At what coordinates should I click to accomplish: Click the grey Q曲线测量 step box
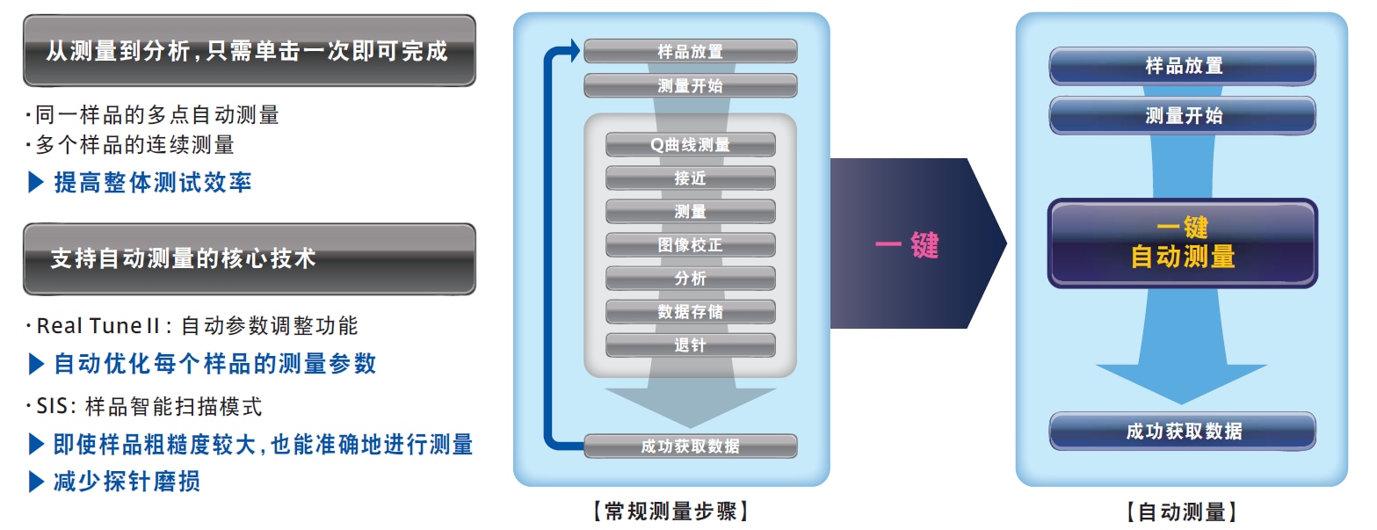click(690, 145)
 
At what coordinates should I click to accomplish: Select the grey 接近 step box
click(690, 178)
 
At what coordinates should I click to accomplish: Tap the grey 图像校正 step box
click(690, 245)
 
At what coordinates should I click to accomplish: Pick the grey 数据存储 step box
click(690, 312)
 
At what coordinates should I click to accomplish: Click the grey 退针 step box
click(690, 345)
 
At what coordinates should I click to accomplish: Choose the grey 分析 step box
click(690, 279)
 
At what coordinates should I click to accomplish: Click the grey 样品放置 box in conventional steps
click(690, 52)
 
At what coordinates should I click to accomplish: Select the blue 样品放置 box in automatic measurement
click(1183, 66)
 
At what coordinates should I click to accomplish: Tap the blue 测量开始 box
click(1183, 116)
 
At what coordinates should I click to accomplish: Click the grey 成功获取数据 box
click(690, 446)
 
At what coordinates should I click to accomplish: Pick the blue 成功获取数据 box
click(1183, 432)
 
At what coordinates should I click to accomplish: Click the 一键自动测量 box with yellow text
click(1183, 243)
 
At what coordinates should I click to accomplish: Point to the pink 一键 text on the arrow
click(907, 244)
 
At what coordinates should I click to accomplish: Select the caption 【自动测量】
click(1183, 512)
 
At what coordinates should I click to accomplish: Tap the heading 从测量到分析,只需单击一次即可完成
click(249, 50)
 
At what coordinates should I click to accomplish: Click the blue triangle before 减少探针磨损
click(36, 482)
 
